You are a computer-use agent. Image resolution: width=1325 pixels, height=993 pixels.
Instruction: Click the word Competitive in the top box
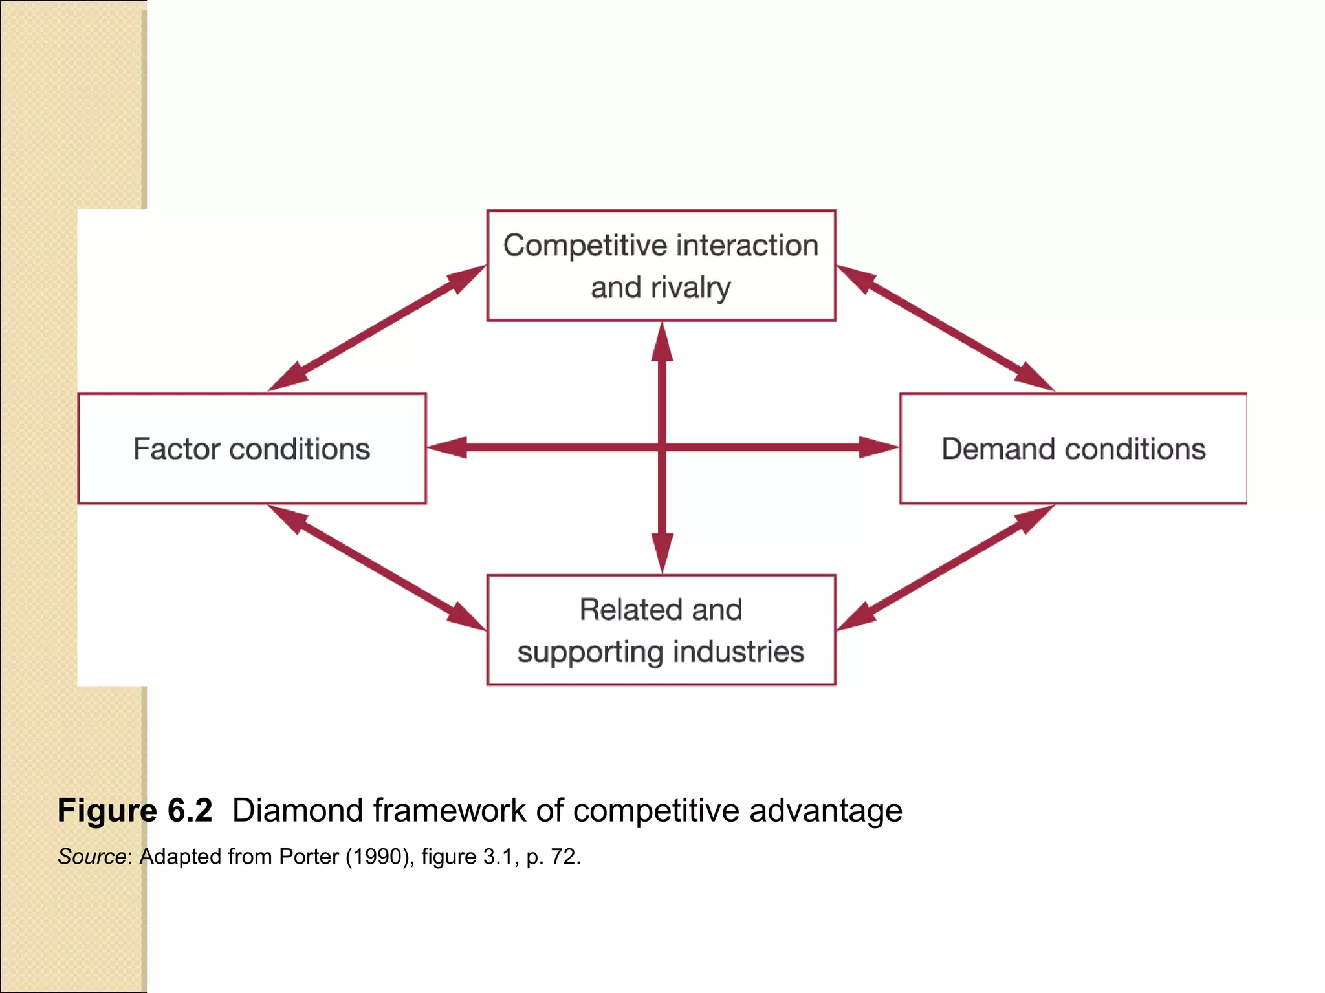point(585,246)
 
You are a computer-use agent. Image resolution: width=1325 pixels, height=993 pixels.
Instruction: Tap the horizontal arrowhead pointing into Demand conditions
point(879,447)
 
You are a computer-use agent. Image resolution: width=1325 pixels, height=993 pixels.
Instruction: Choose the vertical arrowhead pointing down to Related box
point(662,553)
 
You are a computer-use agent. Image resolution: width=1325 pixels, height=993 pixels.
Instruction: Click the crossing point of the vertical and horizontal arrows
point(662,447)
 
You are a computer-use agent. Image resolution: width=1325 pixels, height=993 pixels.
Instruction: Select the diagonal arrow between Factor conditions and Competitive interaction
point(377,328)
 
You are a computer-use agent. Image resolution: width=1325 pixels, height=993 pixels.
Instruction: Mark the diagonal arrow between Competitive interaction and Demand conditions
point(945,328)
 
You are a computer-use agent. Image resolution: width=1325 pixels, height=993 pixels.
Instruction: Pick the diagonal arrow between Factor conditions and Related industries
point(377,568)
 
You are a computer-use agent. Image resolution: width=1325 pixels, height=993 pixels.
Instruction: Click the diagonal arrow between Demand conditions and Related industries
point(945,568)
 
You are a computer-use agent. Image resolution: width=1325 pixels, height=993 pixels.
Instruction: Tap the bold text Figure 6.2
point(135,811)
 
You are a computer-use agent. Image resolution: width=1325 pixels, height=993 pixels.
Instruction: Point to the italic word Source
point(91,857)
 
